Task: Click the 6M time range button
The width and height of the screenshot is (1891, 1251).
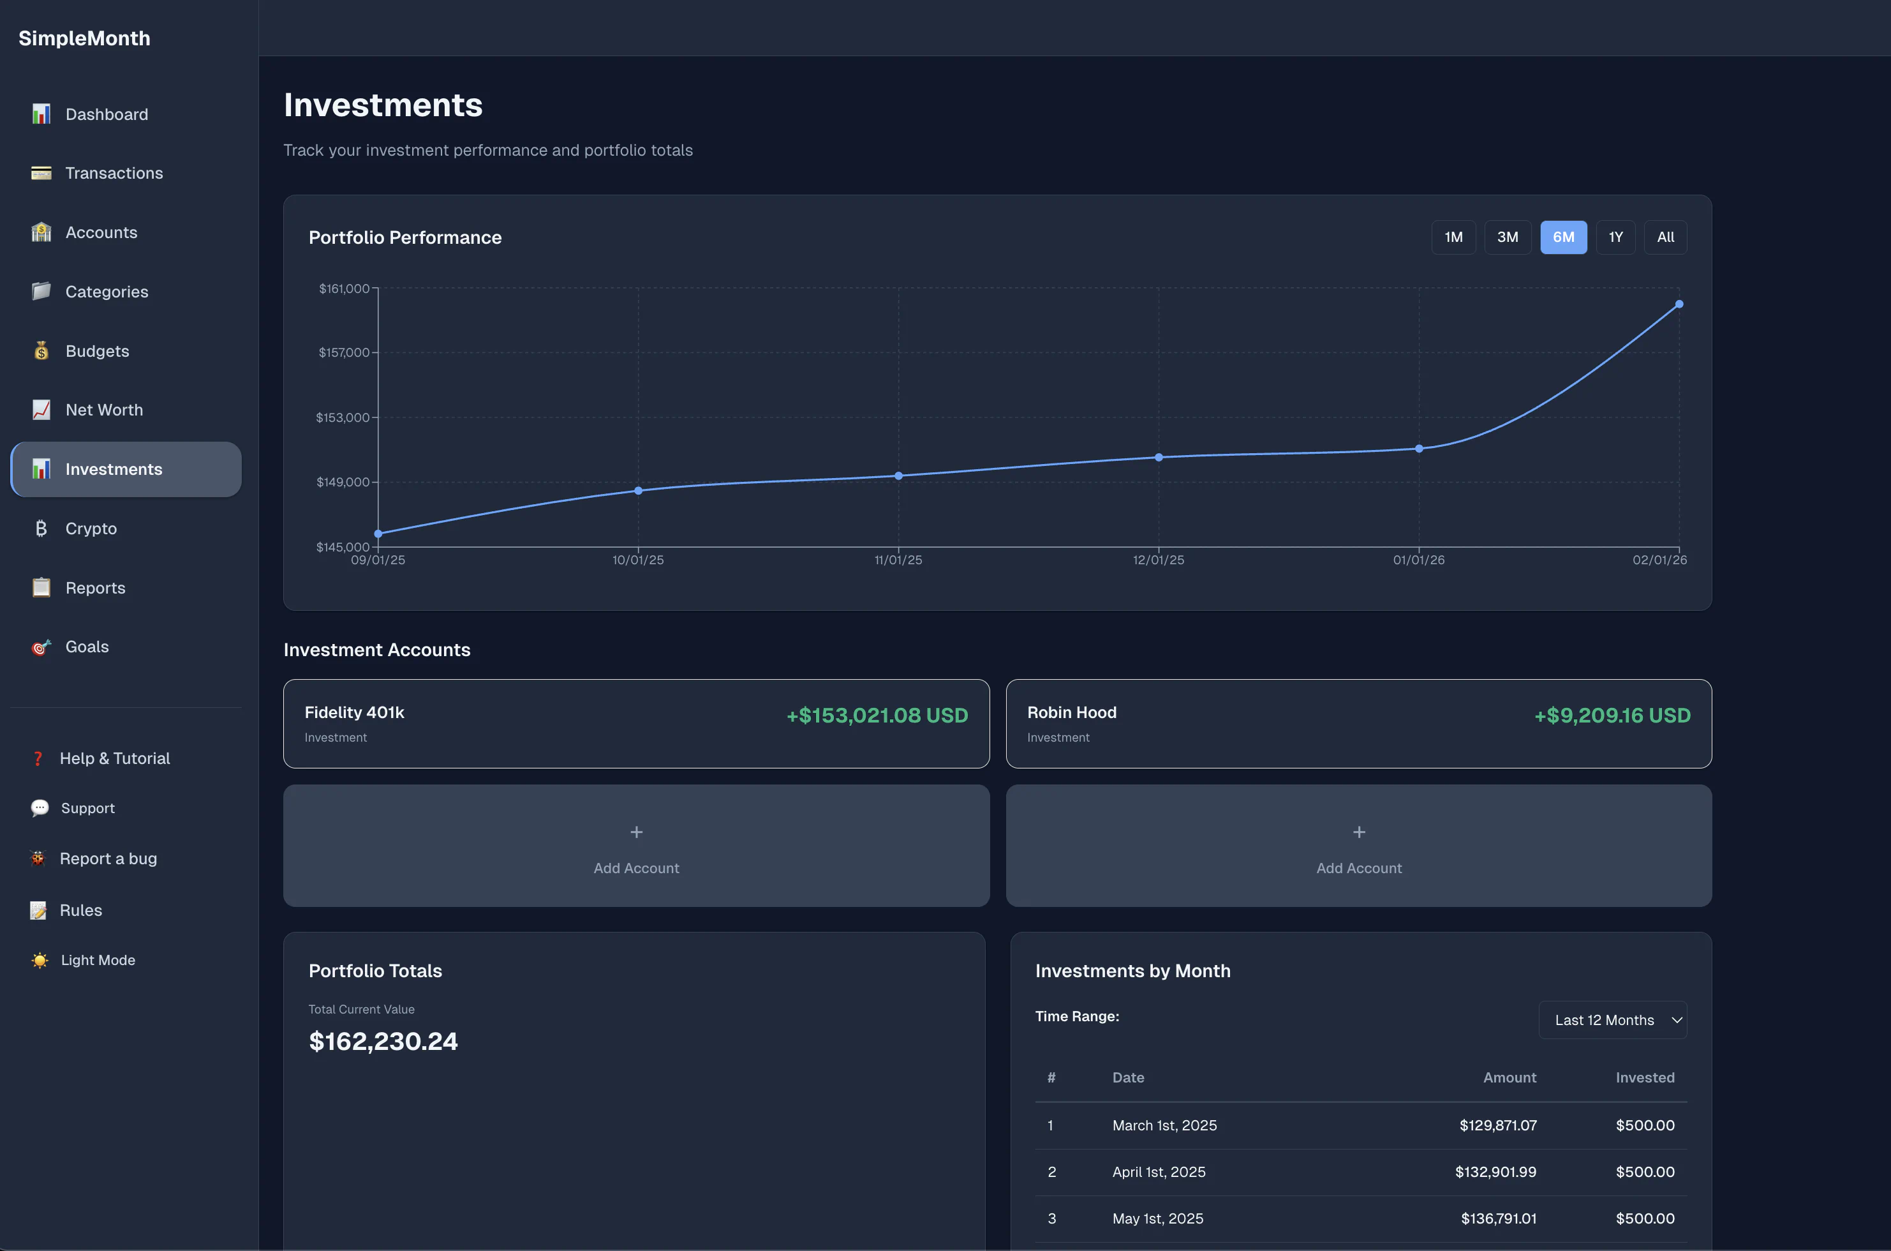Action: tap(1562, 237)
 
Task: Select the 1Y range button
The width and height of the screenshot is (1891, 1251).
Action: tap(1615, 237)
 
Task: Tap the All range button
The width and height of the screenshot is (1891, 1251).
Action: tap(1665, 237)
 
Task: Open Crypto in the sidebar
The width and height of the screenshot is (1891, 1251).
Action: tap(91, 528)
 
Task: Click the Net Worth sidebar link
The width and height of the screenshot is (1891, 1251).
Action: tap(104, 410)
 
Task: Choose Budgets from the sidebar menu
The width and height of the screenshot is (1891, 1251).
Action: tap(96, 351)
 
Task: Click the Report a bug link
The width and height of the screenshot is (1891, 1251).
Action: tap(108, 858)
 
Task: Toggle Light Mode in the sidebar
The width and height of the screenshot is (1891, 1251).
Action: tap(98, 960)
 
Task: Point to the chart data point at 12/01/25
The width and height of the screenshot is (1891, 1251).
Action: tap(1158, 457)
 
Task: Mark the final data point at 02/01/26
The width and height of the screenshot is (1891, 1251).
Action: tap(1679, 304)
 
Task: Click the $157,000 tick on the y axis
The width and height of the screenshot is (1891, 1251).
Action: tap(344, 352)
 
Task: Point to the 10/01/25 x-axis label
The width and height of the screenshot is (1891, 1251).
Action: tap(637, 560)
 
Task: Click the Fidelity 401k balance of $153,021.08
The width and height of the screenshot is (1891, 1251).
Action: tap(877, 715)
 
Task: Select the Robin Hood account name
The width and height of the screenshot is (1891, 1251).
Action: tap(1071, 712)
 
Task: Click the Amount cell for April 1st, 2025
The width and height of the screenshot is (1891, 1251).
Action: tap(1495, 1172)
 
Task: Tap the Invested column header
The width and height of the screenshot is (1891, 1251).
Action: tap(1645, 1078)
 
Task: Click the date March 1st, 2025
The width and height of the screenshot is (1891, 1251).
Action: tap(1164, 1125)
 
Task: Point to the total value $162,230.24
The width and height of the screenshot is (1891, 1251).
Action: tap(383, 1041)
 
